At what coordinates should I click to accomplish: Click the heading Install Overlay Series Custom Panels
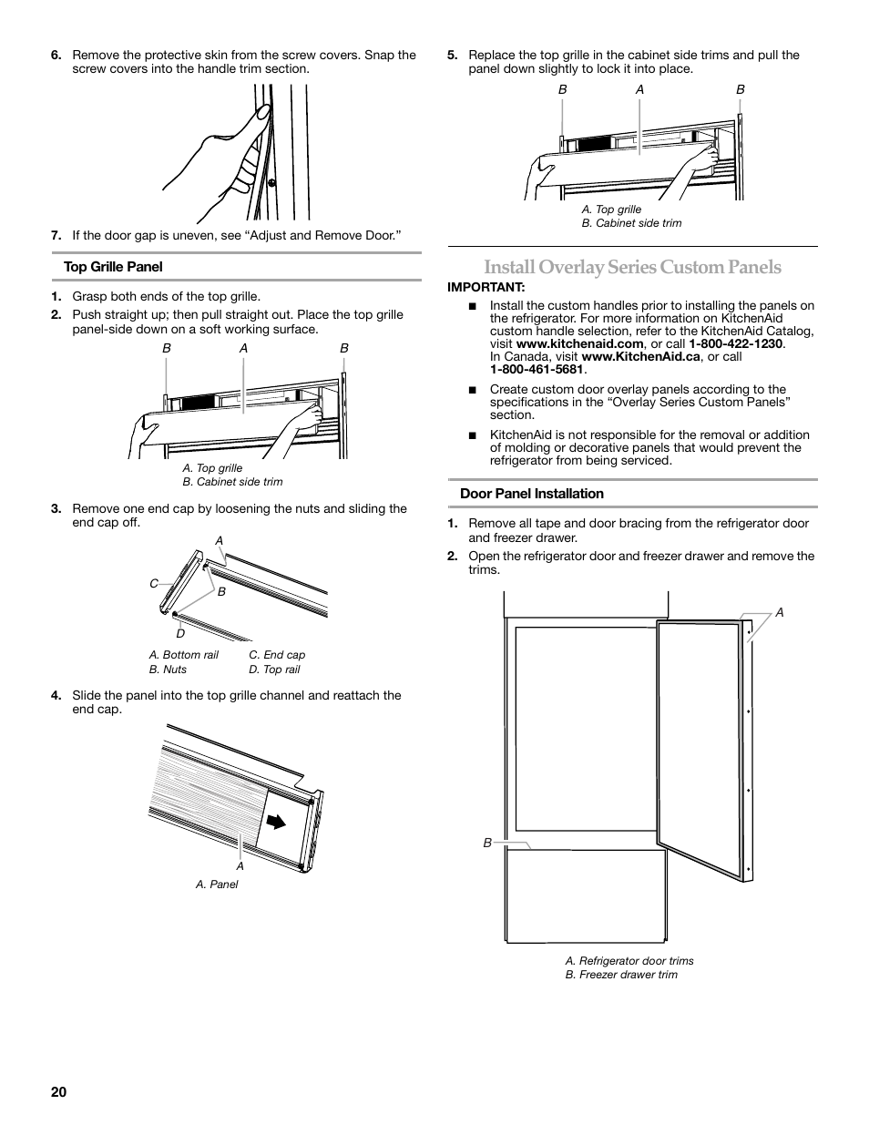pyautogui.click(x=632, y=267)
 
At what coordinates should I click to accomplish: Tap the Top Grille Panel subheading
pyautogui.click(x=113, y=267)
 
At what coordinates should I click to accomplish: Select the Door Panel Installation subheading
pyautogui.click(x=531, y=494)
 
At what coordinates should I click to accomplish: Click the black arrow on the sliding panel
pyautogui.click(x=272, y=820)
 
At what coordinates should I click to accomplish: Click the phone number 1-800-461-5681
pyautogui.click(x=537, y=370)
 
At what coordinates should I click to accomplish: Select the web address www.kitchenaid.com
pyautogui.click(x=579, y=344)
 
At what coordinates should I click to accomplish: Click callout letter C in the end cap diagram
pyautogui.click(x=154, y=583)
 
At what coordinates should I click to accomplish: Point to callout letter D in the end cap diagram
pyautogui.click(x=180, y=633)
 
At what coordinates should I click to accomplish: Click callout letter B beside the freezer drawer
pyautogui.click(x=487, y=844)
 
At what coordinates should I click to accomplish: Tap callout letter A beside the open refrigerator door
pyautogui.click(x=780, y=613)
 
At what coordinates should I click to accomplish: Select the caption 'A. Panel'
pyautogui.click(x=217, y=885)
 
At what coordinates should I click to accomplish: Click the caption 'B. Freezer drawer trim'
pyautogui.click(x=621, y=975)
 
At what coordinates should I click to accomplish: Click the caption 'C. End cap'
pyautogui.click(x=277, y=655)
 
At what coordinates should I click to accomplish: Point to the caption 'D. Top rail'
pyautogui.click(x=274, y=670)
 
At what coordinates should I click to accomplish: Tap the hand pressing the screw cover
pyautogui.click(x=228, y=155)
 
